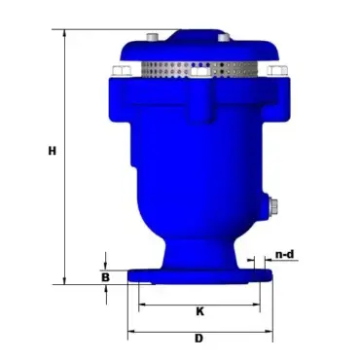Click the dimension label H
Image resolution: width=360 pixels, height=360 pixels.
pos(53,151)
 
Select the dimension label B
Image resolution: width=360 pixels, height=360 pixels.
pos(105,277)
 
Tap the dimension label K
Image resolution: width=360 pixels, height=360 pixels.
pos(200,311)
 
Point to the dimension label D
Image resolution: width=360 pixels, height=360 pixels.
pos(198,339)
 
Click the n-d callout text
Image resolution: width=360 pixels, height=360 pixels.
pos(285,254)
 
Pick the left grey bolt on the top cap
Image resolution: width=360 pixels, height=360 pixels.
pos(152,37)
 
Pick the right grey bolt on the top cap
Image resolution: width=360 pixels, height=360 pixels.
pos(224,37)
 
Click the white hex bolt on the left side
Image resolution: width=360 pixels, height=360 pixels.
pos(122,71)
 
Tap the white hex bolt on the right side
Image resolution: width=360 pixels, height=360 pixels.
pos(277,71)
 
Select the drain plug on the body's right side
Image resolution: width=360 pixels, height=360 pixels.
pos(272,207)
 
